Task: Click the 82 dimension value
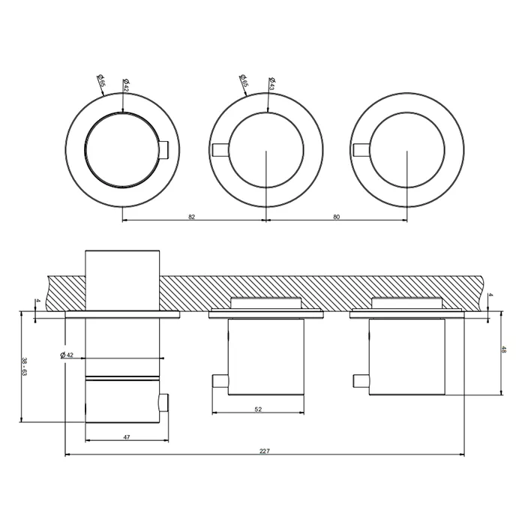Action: click(191, 217)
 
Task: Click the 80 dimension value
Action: click(337, 217)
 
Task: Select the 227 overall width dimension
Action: click(265, 451)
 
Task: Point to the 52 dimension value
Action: click(258, 409)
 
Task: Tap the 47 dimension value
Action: click(127, 437)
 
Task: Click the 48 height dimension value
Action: click(504, 349)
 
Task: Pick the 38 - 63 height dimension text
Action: click(24, 367)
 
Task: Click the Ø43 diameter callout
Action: click(272, 84)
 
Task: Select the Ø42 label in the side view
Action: click(67, 355)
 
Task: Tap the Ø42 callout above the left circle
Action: click(126, 85)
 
